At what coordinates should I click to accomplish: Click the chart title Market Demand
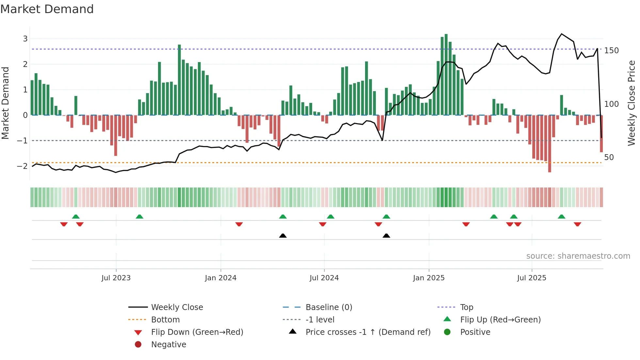47,9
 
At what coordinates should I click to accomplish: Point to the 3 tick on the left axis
25,39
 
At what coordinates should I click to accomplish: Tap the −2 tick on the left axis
23,166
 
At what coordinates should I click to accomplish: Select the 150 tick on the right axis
611,51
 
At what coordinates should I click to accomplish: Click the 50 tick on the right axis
609,157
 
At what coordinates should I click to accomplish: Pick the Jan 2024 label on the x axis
220,278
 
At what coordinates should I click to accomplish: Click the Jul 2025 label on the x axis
531,278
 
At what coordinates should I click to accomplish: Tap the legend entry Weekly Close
177,307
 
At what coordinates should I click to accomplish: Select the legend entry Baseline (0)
328,307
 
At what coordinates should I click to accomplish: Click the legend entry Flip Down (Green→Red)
197,332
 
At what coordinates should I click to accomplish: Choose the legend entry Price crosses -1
368,332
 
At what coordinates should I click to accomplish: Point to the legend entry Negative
168,345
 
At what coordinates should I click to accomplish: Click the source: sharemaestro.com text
578,256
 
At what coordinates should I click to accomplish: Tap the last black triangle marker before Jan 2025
386,236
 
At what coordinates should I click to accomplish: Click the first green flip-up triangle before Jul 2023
76,217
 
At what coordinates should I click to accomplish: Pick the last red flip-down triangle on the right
577,224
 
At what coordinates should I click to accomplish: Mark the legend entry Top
466,307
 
